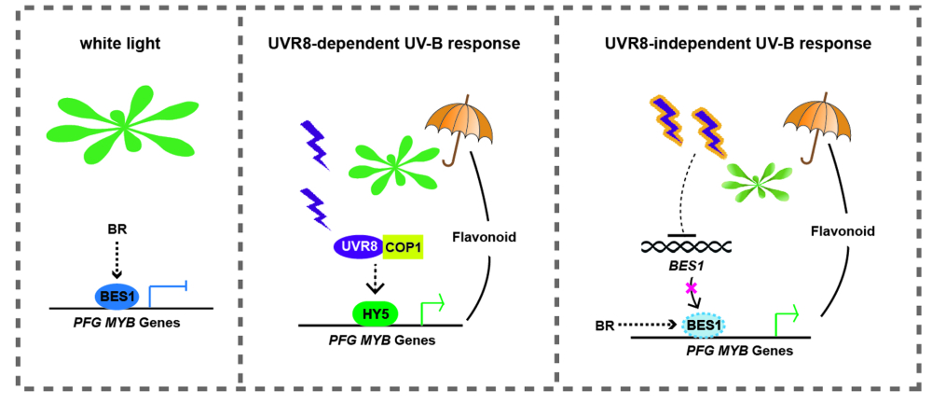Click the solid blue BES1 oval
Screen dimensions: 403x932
[117, 296]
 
